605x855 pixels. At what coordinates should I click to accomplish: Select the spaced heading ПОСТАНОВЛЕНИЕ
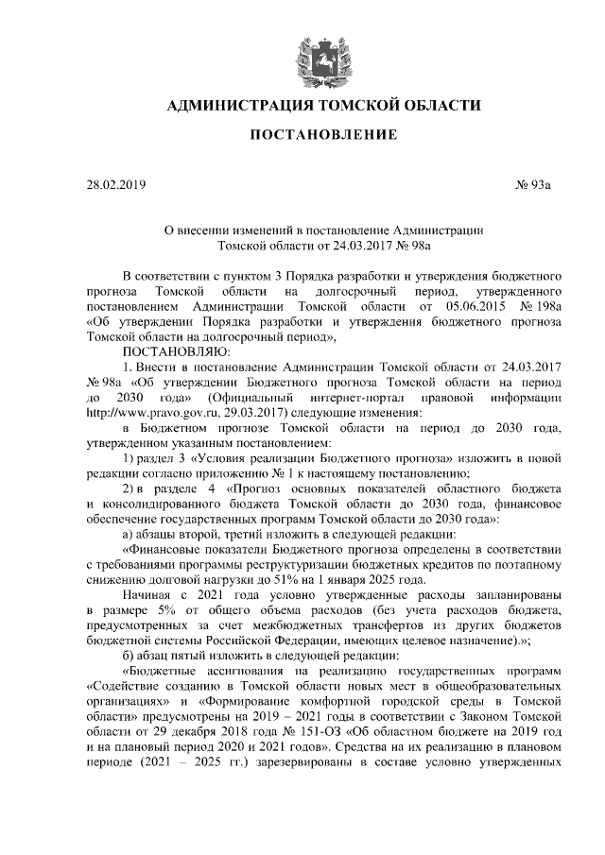pyautogui.click(x=322, y=135)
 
